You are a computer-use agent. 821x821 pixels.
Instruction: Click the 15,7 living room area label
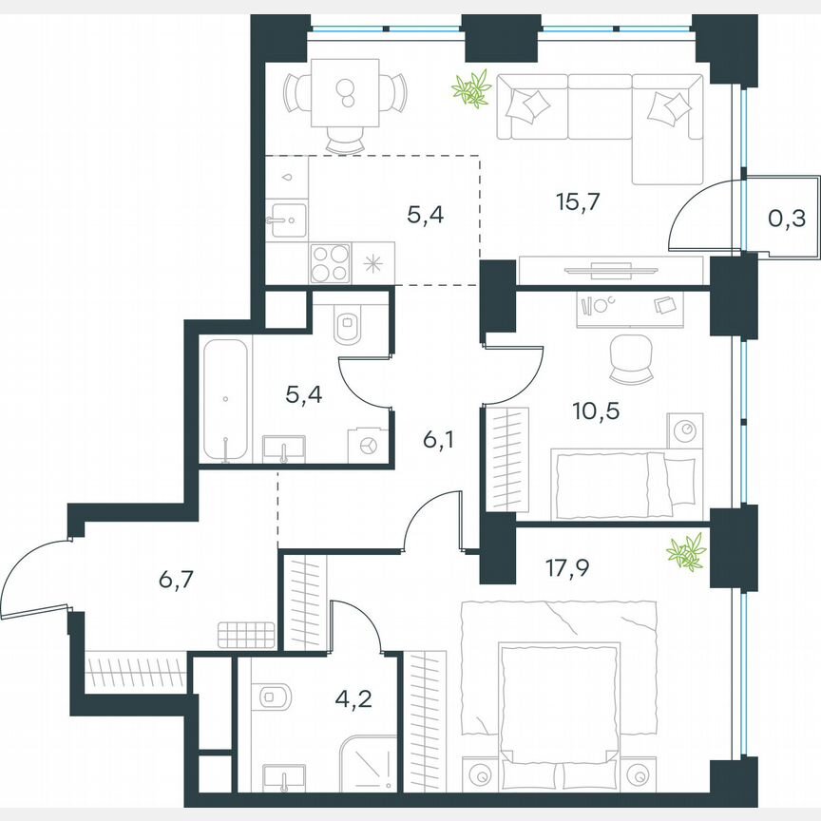click(x=580, y=200)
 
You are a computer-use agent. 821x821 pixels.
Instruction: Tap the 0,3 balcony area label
click(x=786, y=220)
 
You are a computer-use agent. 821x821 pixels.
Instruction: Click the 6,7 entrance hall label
click(x=174, y=577)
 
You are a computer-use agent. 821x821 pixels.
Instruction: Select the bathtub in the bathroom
click(x=226, y=400)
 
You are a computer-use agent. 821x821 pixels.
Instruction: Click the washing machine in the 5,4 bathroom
click(x=369, y=444)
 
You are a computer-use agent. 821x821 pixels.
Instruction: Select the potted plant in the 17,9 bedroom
click(x=686, y=551)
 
